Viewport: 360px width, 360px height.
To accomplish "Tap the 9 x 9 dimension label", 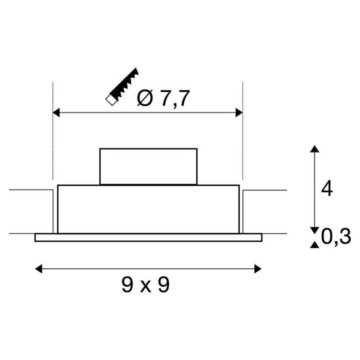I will coord(145,285).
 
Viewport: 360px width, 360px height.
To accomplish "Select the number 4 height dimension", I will coord(327,189).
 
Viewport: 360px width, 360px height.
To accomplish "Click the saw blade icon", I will coord(122,87).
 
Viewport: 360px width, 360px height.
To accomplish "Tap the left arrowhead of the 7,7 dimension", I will coord(57,112).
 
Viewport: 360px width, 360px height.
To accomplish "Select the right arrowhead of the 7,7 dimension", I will coord(239,112).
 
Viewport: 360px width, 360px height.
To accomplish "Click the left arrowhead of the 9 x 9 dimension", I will coord(39,269).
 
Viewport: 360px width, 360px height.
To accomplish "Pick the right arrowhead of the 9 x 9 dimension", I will coord(257,269).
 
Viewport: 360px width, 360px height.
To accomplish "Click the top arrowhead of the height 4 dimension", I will coord(315,149).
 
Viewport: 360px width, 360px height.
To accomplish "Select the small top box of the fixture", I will coord(148,166).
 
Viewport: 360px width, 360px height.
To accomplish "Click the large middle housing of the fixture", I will coord(148,209).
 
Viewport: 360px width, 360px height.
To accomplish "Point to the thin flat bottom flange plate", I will coord(148,237).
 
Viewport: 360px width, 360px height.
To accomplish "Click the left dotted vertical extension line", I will coord(53,135).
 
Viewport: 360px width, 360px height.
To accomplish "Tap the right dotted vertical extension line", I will coord(243,135).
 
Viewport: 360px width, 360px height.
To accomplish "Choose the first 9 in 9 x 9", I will coord(127,285).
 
